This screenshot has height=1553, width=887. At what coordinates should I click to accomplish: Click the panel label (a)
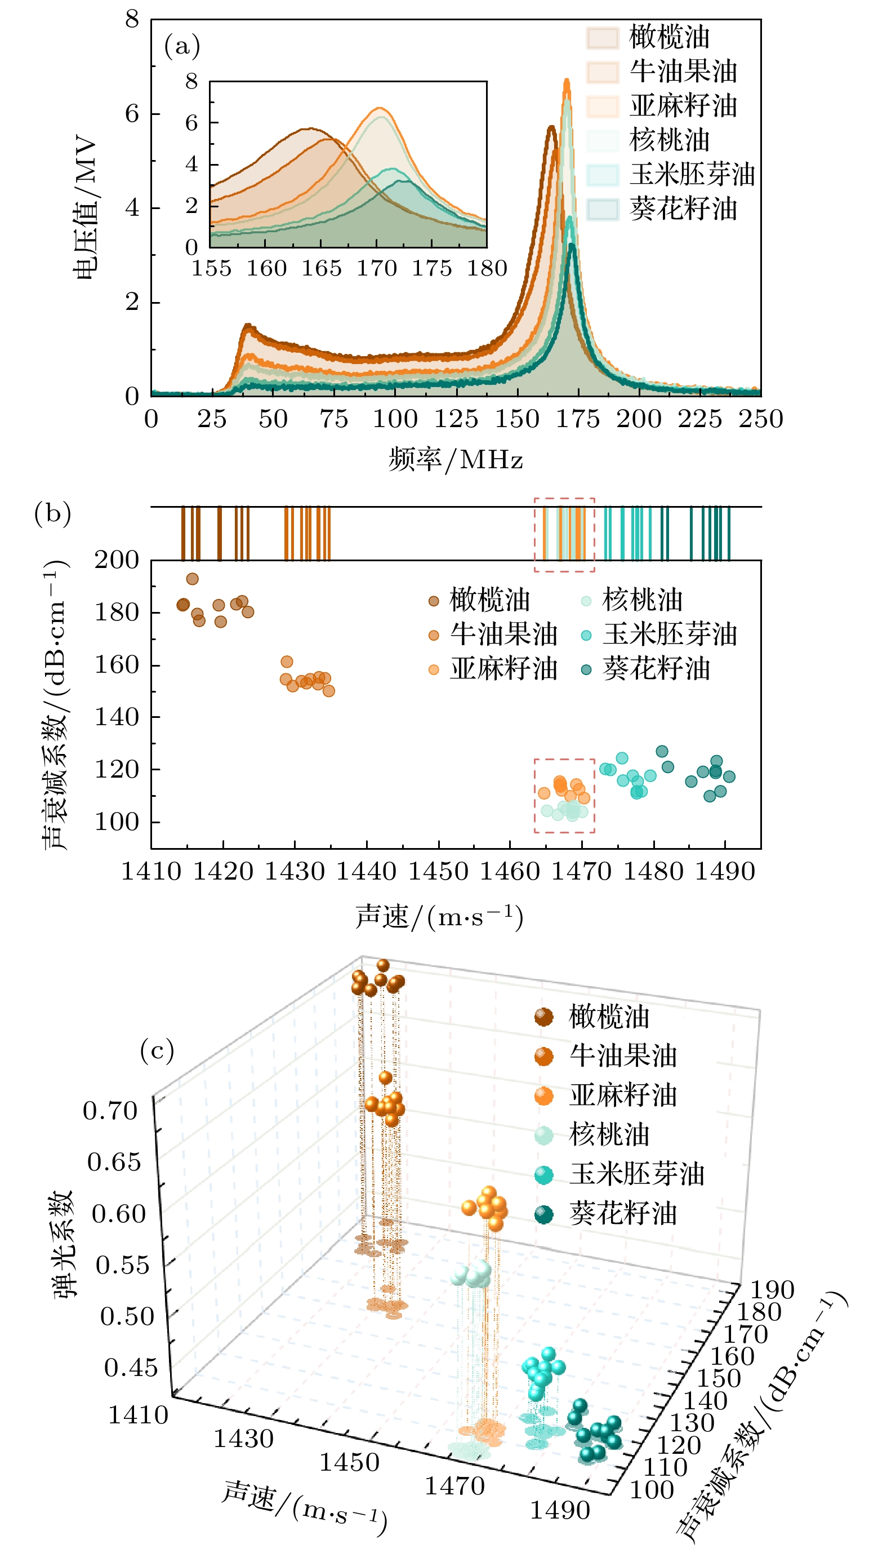pos(181,46)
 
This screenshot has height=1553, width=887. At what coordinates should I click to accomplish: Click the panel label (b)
pos(52,513)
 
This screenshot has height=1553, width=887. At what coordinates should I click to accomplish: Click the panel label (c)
pos(157,1050)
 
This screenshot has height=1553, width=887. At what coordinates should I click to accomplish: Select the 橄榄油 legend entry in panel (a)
pos(668,37)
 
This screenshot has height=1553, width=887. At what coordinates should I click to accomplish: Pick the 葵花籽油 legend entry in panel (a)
pos(683,209)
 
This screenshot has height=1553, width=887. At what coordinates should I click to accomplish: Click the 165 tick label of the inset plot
pos(322,268)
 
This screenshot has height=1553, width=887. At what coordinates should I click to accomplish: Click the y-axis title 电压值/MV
pos(84,208)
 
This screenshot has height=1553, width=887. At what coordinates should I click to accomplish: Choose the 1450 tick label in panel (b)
pos(438,871)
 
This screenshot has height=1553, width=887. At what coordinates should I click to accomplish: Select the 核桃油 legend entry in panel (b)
pos(642,600)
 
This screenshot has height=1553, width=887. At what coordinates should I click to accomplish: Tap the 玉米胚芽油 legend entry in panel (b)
pos(670,634)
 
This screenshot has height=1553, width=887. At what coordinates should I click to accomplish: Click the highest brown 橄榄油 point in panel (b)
pos(193,578)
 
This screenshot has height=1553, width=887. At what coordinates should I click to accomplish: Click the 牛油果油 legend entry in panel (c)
pos(623,1055)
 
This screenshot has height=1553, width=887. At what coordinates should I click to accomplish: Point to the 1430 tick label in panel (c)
pos(243,1439)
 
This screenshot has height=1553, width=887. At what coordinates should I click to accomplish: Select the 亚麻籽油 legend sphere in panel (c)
pos(543,1096)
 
